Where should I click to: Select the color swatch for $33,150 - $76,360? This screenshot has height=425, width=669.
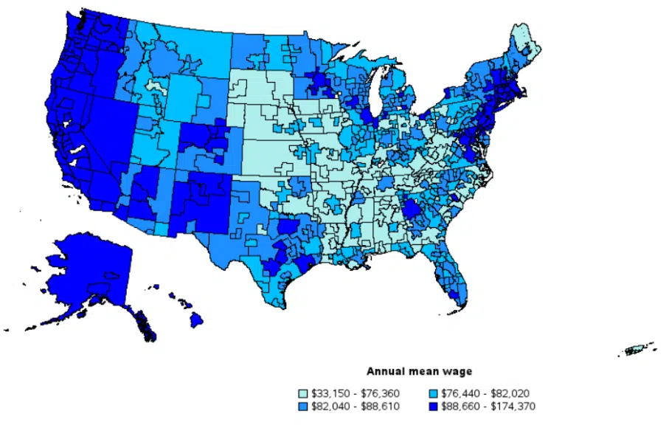302,393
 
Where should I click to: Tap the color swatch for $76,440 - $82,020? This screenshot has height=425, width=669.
434,393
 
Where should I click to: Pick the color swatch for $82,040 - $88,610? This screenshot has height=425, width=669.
302,406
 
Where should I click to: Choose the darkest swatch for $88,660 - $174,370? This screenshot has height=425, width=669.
434,406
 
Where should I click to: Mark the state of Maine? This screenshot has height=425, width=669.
525,44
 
